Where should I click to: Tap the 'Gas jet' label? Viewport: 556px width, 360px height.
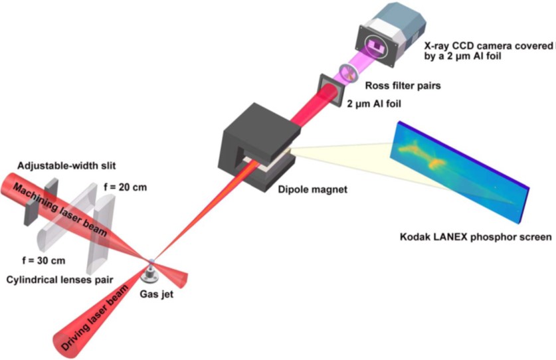pos(156,294)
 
